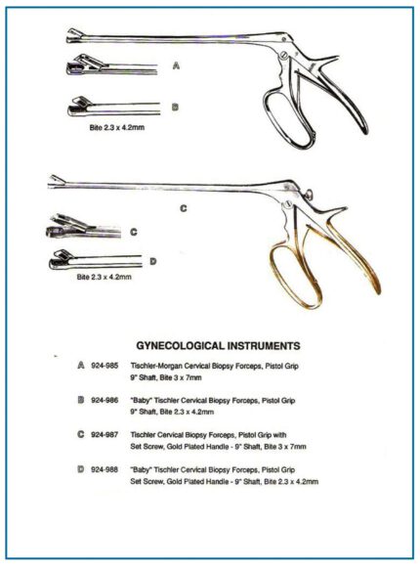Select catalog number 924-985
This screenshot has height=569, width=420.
point(105,365)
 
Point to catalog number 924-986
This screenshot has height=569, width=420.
point(105,400)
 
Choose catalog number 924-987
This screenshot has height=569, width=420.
point(105,435)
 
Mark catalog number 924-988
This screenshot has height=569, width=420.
point(105,471)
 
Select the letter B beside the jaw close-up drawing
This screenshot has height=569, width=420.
point(174,107)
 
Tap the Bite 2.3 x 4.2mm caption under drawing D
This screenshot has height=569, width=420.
point(104,278)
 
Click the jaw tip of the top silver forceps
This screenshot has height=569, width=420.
point(73,38)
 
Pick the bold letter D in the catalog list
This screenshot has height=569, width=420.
point(81,471)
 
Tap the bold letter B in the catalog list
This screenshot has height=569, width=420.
point(81,400)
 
